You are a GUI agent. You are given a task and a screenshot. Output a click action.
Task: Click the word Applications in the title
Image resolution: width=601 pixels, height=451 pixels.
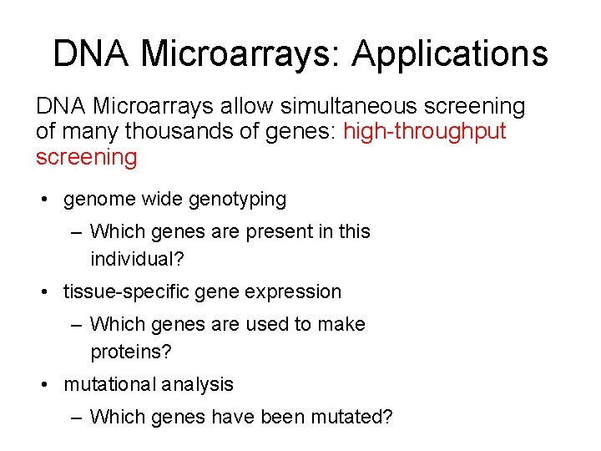(x=450, y=54)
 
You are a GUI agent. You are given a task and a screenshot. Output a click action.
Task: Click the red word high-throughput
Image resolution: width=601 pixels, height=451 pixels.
(x=425, y=132)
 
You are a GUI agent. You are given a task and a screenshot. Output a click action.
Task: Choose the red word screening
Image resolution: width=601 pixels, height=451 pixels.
(x=86, y=157)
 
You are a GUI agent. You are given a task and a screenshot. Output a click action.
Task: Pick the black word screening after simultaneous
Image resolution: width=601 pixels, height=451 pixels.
(x=475, y=107)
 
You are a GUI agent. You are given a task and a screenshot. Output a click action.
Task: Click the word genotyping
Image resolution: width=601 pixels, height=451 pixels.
(x=237, y=200)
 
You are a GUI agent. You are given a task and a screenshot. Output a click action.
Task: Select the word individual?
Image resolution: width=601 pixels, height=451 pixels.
(x=137, y=259)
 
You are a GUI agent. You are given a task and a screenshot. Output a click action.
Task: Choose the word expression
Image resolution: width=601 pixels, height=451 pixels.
(x=300, y=291)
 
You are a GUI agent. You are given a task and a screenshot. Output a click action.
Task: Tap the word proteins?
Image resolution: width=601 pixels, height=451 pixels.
(x=130, y=352)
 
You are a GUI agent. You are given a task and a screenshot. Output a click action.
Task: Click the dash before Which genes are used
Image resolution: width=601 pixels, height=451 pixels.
(x=77, y=324)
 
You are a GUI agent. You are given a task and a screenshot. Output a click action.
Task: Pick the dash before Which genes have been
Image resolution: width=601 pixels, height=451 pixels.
(x=77, y=416)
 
